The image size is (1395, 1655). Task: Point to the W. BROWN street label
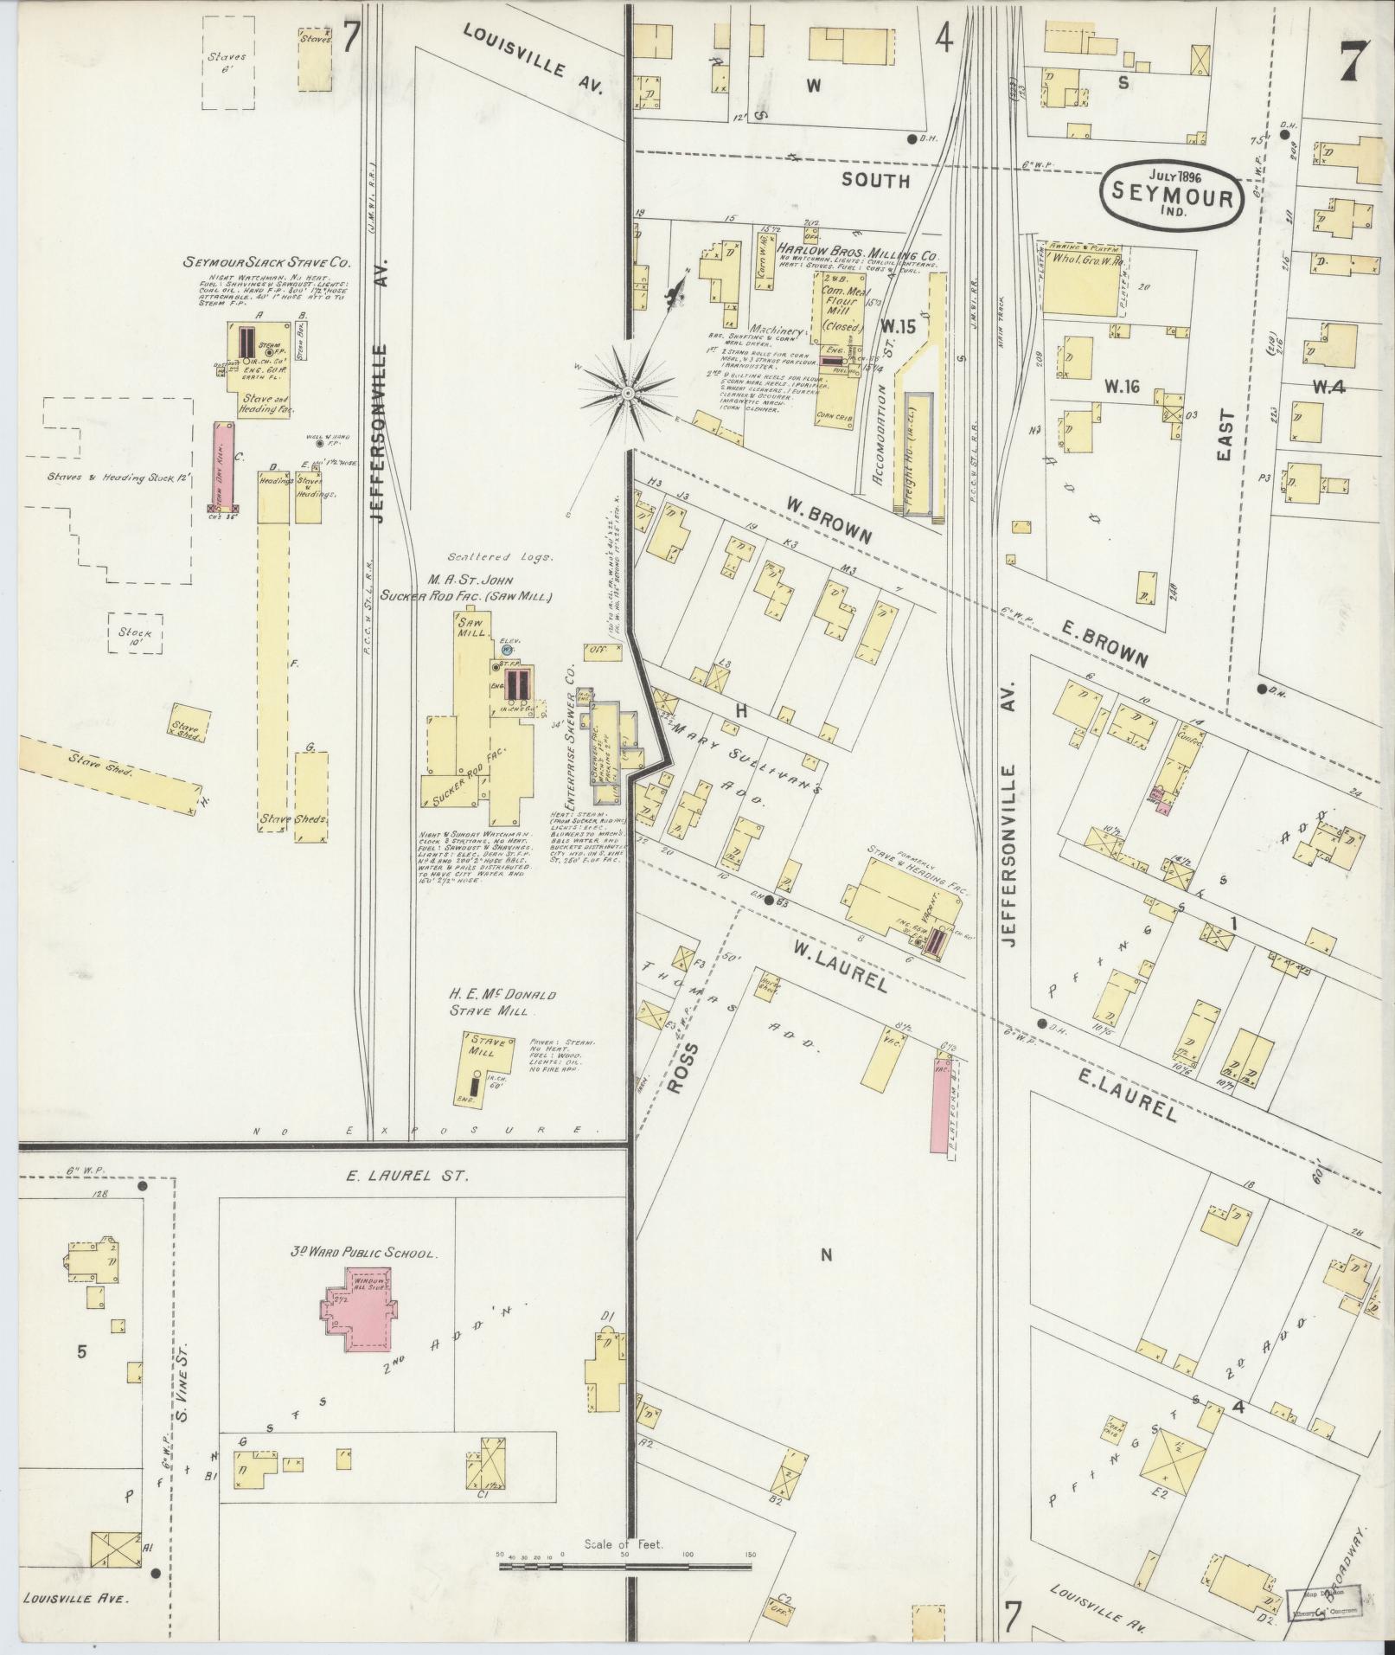829,521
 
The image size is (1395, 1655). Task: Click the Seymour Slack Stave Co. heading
265,262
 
